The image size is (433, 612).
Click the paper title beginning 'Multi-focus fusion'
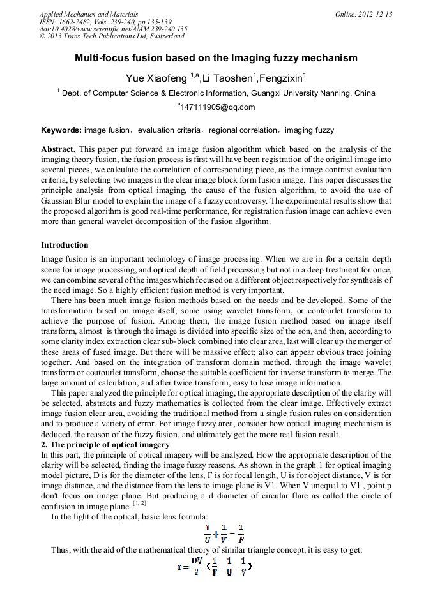216,58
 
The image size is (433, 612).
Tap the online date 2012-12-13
364,14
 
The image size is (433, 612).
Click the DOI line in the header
113,29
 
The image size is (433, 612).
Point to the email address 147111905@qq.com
216,107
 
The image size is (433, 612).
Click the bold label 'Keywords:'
61,130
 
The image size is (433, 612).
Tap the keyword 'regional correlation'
243,130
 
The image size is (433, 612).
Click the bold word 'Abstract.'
59,149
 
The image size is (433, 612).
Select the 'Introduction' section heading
65,245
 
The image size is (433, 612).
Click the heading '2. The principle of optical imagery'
105,445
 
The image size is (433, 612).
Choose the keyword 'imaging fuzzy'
309,130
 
